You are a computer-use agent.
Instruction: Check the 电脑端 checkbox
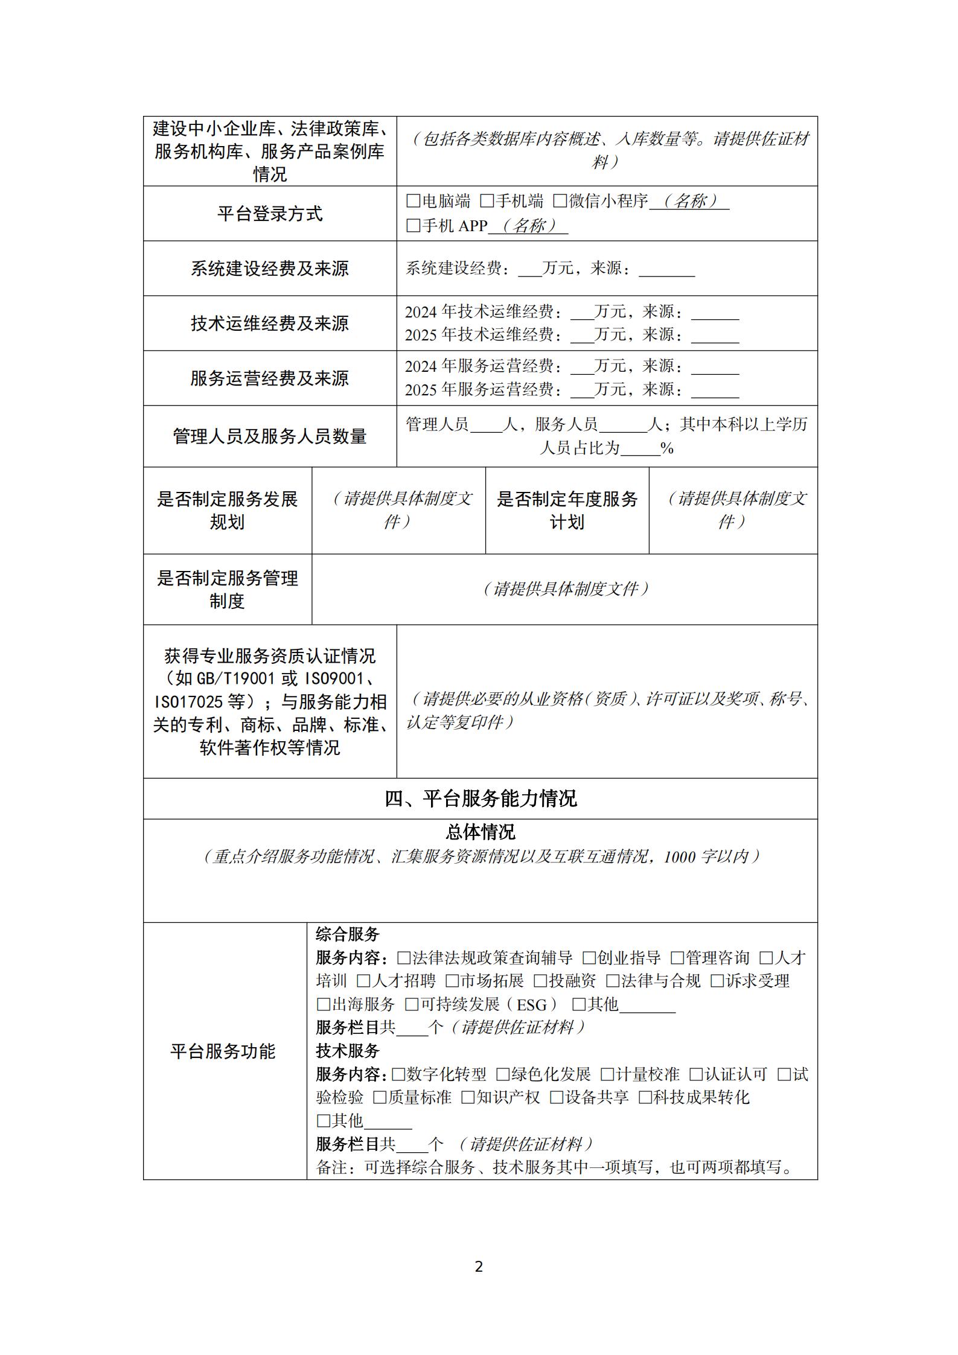[x=413, y=201]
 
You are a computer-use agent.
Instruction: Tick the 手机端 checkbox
[x=486, y=201]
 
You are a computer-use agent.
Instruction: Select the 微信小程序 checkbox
[x=560, y=201]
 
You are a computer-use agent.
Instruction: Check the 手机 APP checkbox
[x=413, y=226]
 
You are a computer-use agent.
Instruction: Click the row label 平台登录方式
[x=270, y=214]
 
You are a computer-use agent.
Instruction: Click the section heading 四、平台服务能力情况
[x=481, y=799]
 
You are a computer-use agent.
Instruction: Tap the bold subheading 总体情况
[x=481, y=832]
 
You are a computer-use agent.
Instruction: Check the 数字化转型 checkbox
[x=398, y=1074]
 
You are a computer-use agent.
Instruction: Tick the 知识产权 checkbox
[x=468, y=1097]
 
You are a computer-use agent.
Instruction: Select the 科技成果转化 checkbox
[x=645, y=1097]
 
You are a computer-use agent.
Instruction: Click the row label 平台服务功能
[x=223, y=1051]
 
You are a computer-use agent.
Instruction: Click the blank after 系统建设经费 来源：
[x=666, y=269]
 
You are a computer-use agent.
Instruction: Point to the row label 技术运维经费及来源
[x=270, y=324]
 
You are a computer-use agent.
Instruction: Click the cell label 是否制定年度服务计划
[x=567, y=510]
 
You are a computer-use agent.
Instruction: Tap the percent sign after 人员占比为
[x=667, y=448]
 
